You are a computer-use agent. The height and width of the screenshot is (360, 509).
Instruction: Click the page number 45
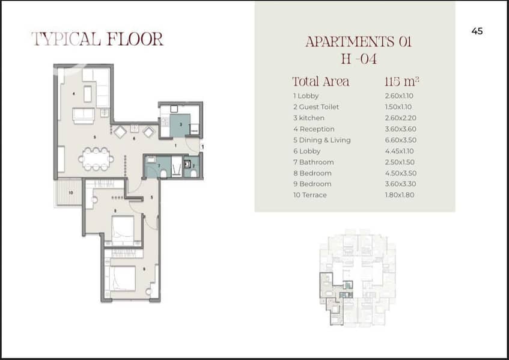point(477,31)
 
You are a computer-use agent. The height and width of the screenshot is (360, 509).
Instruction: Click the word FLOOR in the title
point(135,39)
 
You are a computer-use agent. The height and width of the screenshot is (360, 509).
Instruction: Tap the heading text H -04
point(359,59)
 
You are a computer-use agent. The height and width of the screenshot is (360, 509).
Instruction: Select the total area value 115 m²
point(401,82)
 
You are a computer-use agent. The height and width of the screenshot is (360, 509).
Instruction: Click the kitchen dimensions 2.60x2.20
point(400,118)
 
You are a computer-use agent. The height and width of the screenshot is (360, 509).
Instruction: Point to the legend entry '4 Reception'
point(314,129)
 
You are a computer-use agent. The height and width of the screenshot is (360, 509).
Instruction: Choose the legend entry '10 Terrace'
point(309,195)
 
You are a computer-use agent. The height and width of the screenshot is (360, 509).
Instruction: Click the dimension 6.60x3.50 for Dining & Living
point(401,140)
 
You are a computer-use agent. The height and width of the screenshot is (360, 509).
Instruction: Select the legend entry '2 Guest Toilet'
point(316,107)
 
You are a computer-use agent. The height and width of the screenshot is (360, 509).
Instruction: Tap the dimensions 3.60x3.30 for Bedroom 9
point(400,184)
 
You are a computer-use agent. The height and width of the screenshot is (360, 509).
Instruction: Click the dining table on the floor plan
point(96,159)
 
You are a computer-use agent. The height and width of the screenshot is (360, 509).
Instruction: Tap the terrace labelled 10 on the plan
point(69,192)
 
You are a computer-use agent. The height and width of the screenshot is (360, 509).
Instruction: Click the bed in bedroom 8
point(123,230)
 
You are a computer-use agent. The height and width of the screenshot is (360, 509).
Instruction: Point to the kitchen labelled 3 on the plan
point(180,124)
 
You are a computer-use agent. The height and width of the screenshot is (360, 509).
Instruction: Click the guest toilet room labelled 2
point(192,166)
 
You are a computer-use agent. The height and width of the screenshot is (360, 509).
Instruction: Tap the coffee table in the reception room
point(88,94)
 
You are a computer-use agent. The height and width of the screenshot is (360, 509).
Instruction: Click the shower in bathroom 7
point(177,167)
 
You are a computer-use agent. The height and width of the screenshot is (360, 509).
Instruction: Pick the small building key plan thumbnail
point(358,278)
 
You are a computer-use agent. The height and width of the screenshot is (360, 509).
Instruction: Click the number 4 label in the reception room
point(74,94)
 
